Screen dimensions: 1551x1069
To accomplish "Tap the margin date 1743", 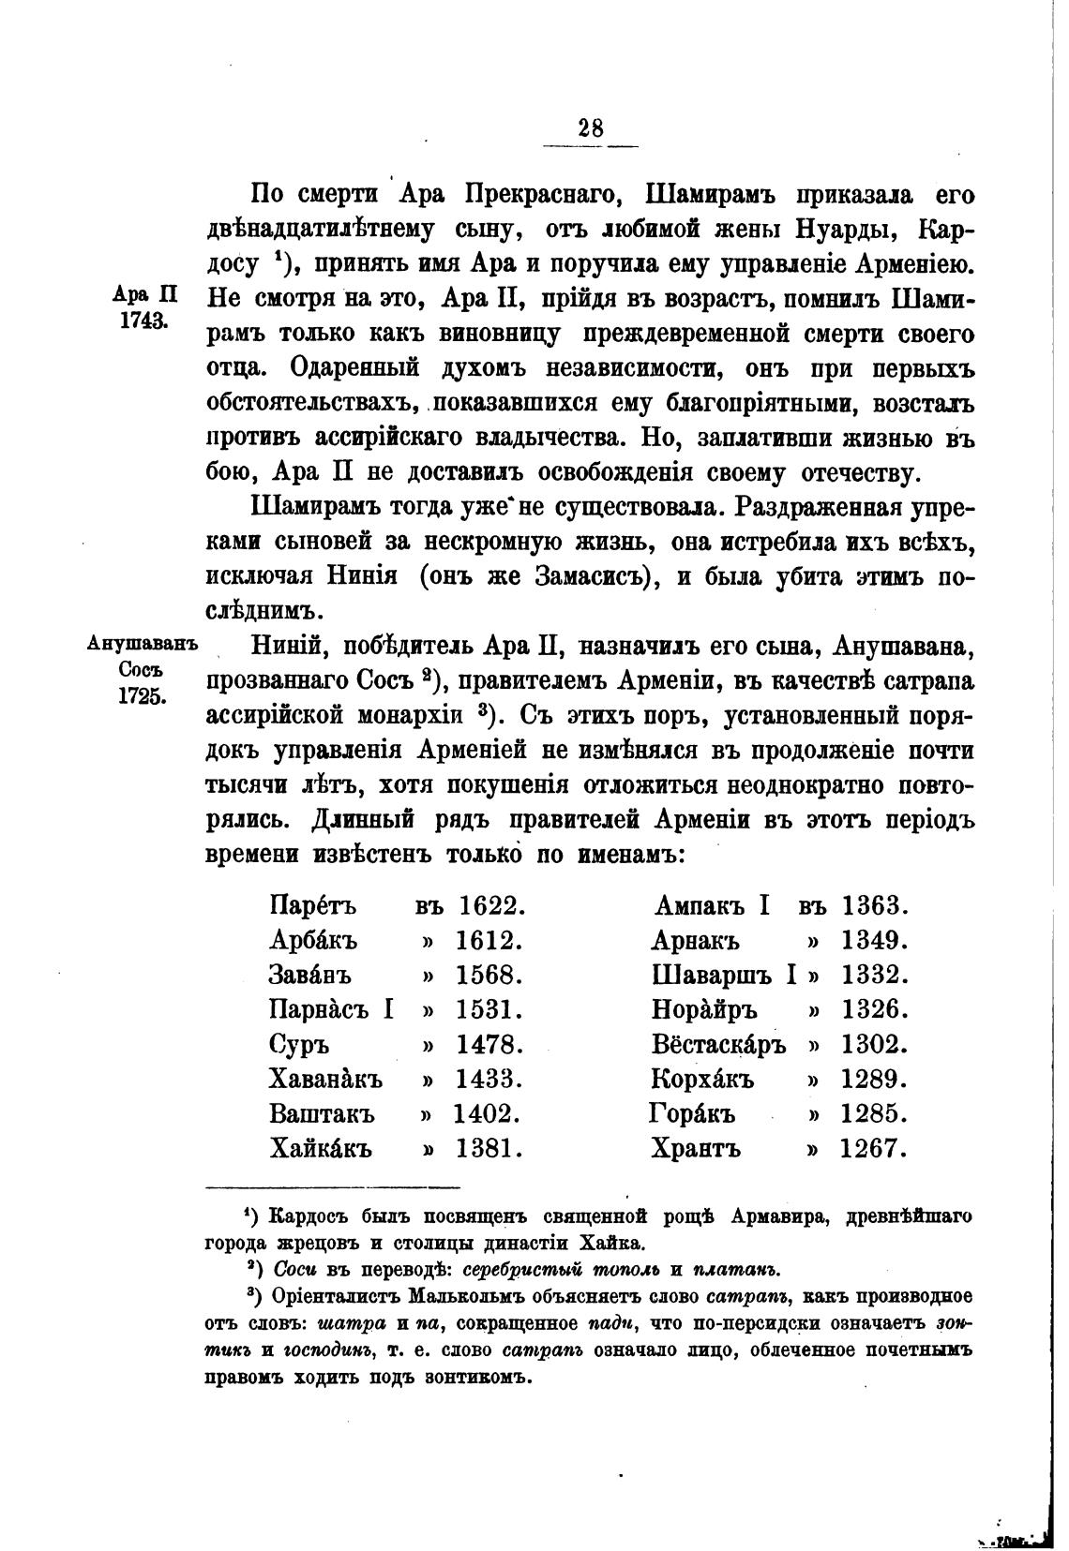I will click(143, 321).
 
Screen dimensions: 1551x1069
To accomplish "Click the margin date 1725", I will click(143, 696).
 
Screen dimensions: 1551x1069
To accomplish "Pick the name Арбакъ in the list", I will click(313, 941).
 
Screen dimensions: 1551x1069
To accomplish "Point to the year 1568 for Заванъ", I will click(489, 976).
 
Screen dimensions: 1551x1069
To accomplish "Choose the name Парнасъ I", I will click(330, 1010).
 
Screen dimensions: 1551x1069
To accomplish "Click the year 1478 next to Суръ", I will click(489, 1045).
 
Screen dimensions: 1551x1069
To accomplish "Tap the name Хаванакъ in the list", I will click(325, 1080).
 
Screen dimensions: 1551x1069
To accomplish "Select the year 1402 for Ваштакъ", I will click(487, 1114).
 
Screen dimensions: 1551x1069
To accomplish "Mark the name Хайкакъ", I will click(321, 1148).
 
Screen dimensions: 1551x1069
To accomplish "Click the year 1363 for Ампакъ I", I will click(876, 906).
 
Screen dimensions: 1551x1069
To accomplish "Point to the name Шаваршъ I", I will click(724, 976).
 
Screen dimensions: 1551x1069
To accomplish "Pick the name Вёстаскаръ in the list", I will click(719, 1045).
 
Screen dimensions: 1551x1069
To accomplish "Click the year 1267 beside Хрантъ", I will click(874, 1148).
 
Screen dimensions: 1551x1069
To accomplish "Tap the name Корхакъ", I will click(703, 1080).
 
